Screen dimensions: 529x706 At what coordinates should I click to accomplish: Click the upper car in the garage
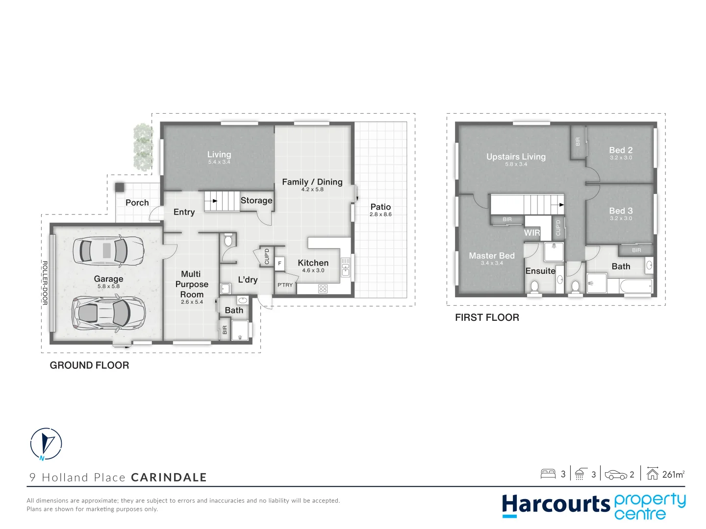pyautogui.click(x=108, y=251)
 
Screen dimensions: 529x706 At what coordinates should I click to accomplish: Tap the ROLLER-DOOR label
pyautogui.click(x=45, y=283)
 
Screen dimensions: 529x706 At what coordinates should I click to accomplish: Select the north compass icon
pyautogui.click(x=46, y=444)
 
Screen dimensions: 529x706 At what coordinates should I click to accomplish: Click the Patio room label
pyautogui.click(x=380, y=207)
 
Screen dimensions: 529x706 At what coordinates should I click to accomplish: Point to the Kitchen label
pyautogui.click(x=313, y=263)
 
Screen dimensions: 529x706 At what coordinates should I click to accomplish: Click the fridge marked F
pyautogui.click(x=279, y=264)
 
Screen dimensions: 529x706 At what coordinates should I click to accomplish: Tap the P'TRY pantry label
pyautogui.click(x=285, y=285)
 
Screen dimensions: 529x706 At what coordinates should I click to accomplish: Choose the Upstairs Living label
pyautogui.click(x=516, y=157)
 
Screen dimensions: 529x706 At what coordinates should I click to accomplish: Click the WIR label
pyautogui.click(x=532, y=233)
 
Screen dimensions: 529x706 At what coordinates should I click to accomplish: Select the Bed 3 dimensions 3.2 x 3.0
pyautogui.click(x=621, y=218)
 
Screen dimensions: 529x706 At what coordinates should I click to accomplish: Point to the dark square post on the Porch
pyautogui.click(x=120, y=187)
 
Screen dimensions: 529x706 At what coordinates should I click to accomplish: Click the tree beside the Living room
pyautogui.click(x=143, y=146)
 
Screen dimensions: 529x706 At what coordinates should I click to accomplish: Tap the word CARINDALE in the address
pyautogui.click(x=169, y=478)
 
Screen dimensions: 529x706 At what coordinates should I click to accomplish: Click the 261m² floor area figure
pyautogui.click(x=673, y=474)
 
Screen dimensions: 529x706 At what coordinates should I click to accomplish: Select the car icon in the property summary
pyautogui.click(x=615, y=475)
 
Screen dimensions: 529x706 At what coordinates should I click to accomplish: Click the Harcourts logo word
pyautogui.click(x=555, y=505)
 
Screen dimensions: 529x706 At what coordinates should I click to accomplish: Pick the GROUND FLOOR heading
pyautogui.click(x=89, y=365)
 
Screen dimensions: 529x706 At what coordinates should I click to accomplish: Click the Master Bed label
pyautogui.click(x=492, y=256)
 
